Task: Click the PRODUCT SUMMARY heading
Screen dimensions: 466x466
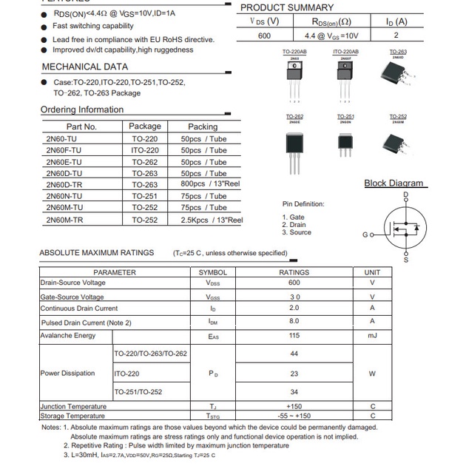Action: click(287, 7)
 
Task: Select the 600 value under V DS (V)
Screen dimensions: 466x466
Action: click(264, 36)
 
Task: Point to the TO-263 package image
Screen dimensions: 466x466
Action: click(398, 72)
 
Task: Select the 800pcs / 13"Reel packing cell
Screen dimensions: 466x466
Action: click(212, 184)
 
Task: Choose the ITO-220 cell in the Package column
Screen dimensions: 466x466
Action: click(145, 150)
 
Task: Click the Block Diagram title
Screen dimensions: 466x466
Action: click(394, 183)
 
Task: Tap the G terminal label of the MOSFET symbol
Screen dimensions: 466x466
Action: click(365, 234)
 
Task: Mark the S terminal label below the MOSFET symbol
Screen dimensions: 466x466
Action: click(405, 260)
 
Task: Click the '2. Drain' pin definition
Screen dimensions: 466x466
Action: click(294, 225)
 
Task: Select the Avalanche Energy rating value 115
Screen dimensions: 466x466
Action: click(294, 336)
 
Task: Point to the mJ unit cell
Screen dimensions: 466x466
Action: click(372, 336)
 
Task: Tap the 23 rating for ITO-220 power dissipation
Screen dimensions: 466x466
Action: click(294, 374)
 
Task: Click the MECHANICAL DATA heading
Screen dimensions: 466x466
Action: click(84, 67)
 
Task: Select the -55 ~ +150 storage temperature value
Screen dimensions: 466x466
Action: click(294, 416)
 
